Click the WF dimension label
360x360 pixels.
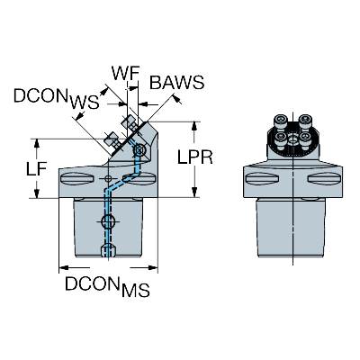(x=126, y=73)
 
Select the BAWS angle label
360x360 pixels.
(x=176, y=82)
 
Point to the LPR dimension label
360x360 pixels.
(x=195, y=157)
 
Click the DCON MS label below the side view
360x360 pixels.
(x=107, y=286)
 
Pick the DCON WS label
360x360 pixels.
(x=57, y=98)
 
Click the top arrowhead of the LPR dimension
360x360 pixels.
(x=194, y=127)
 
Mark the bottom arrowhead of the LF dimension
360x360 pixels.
(x=37, y=193)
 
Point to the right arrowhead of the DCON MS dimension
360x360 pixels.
(x=152, y=267)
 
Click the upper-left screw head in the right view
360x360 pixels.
(x=280, y=121)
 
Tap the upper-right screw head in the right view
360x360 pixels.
(x=305, y=121)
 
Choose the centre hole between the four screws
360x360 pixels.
(x=292, y=139)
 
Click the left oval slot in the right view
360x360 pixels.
(x=263, y=179)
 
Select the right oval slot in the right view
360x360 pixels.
(x=325, y=179)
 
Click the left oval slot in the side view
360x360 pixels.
(x=77, y=179)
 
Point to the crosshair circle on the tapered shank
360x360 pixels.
(x=108, y=221)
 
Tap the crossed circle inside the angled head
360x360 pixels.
(x=139, y=149)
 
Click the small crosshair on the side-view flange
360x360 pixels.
(x=108, y=179)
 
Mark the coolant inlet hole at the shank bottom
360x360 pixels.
(x=108, y=250)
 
